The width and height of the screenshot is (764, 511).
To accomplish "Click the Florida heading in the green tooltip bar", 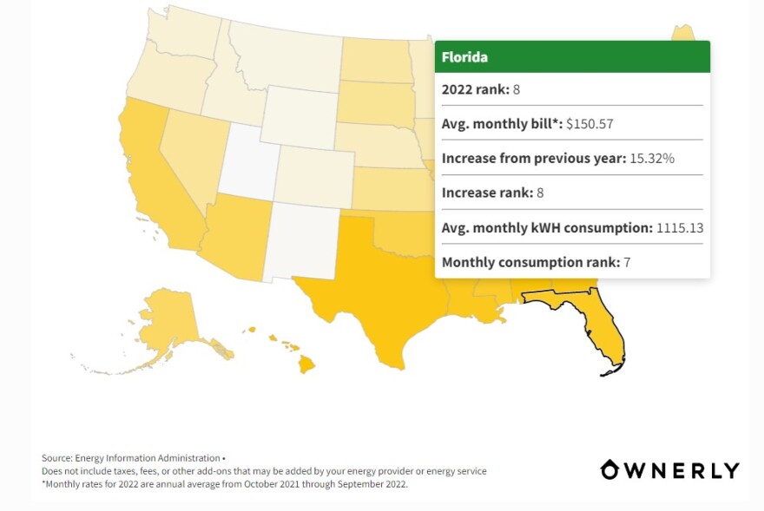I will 464,57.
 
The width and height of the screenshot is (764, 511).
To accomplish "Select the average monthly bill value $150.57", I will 589,124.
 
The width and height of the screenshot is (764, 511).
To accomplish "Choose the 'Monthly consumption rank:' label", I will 530,262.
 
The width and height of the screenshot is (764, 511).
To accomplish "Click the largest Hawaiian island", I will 306,364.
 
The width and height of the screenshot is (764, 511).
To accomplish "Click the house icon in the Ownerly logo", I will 610,470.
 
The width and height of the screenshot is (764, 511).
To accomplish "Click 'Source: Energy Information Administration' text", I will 131,457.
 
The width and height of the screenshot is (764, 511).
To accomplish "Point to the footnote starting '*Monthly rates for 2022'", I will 224,484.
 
